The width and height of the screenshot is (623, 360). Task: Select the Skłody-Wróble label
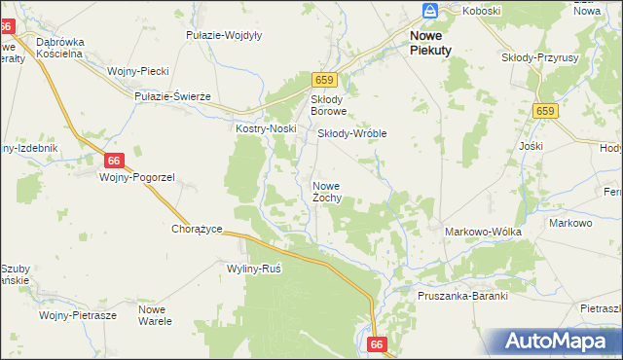[x=353, y=133]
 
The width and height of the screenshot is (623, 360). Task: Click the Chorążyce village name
[x=198, y=229]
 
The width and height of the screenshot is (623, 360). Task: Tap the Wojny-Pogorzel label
[x=136, y=177]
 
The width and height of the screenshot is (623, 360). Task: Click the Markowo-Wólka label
[x=483, y=232]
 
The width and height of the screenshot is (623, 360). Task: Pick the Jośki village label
[x=531, y=146]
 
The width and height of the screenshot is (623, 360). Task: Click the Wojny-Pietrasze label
[x=78, y=315]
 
